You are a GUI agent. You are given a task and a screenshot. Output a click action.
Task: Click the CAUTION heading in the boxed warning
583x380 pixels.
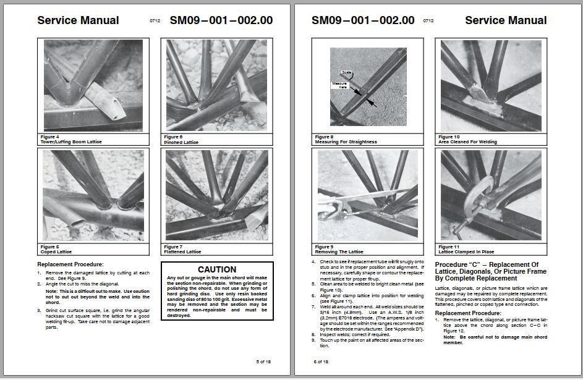[216, 269]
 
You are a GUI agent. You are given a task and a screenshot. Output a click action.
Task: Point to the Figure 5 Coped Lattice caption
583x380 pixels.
[56, 250]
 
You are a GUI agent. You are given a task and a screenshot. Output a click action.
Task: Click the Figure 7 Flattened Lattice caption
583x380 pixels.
[185, 250]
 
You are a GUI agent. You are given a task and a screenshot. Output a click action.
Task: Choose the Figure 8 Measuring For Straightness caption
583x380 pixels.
[346, 139]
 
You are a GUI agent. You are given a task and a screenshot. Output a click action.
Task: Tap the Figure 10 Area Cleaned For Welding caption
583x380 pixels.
[467, 139]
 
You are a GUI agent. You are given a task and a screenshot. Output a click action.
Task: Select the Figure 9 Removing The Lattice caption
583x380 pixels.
[339, 250]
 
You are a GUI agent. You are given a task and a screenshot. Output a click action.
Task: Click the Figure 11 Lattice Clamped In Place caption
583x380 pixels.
[466, 250]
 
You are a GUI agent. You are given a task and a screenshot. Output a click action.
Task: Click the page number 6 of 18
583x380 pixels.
[321, 361]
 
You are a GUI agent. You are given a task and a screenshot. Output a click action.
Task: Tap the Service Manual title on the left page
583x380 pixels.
[78, 20]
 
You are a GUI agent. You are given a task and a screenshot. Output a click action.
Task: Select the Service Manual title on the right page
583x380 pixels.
[506, 20]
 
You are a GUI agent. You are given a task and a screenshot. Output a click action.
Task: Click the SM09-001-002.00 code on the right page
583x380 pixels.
[363, 20]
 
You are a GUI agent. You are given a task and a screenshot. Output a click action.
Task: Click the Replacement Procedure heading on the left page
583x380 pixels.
[70, 264]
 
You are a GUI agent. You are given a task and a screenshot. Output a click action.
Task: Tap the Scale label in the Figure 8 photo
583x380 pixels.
[346, 73]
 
